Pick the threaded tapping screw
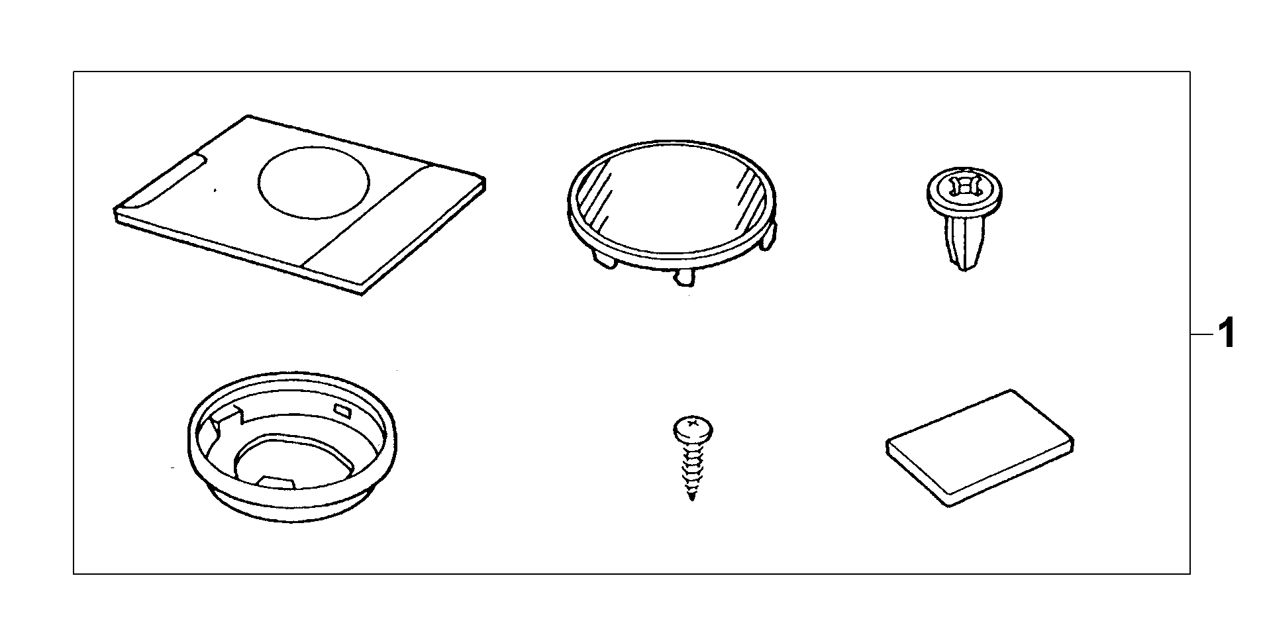pyautogui.click(x=691, y=457)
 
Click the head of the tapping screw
pyautogui.click(x=693, y=428)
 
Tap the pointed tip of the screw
pyautogui.click(x=692, y=497)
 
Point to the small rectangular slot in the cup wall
pyautogui.click(x=344, y=412)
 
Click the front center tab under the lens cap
pyautogui.click(x=683, y=277)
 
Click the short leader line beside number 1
pyautogui.click(x=1200, y=336)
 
